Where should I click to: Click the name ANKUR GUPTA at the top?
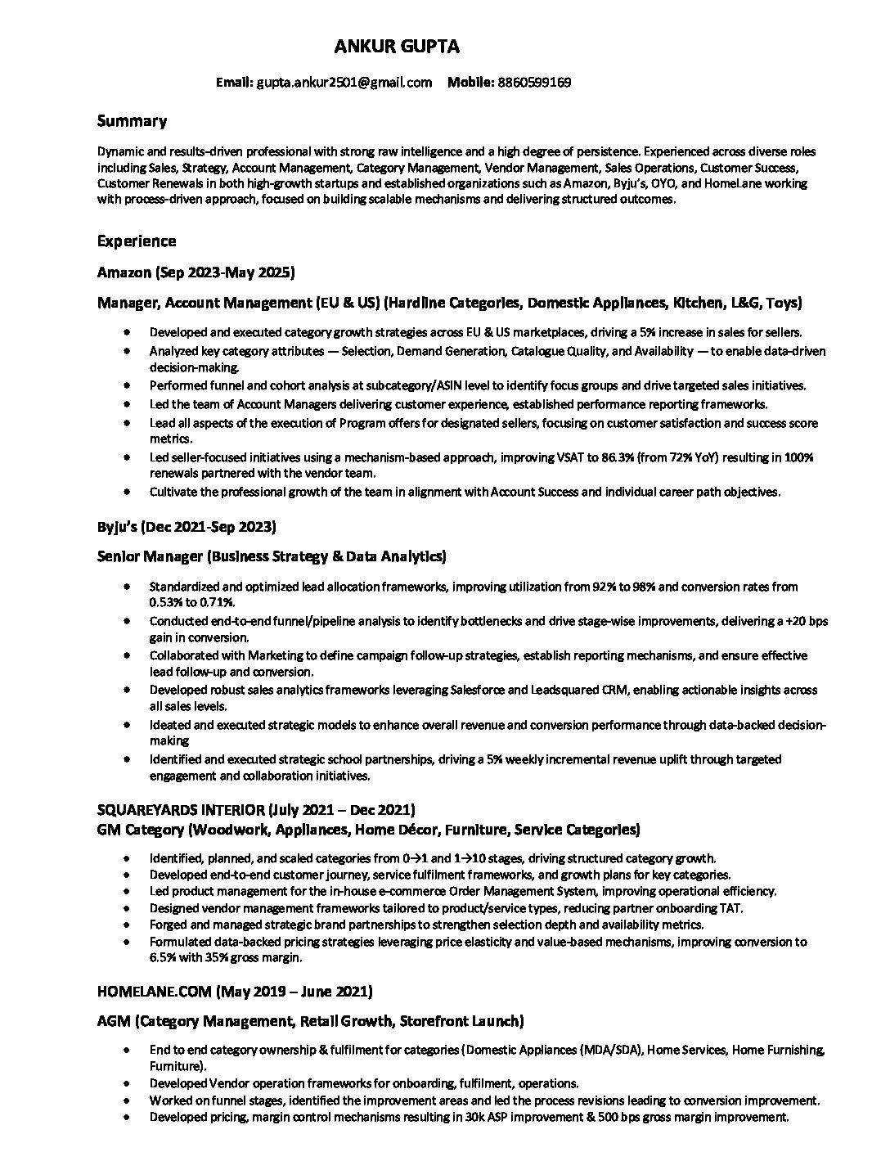pos(397,47)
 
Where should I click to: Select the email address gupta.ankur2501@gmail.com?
pos(344,82)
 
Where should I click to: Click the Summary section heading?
pos(132,121)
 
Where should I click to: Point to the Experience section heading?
pos(137,241)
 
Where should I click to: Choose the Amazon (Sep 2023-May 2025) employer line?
pos(196,272)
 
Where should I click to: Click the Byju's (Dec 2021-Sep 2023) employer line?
pos(187,526)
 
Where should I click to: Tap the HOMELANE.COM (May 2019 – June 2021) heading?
pos(235,992)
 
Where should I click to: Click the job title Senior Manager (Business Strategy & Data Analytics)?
pos(272,556)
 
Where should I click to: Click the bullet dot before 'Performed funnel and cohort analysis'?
pos(127,385)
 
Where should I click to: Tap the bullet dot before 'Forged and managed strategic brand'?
pos(127,925)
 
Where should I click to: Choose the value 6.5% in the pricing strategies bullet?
pos(163,957)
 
